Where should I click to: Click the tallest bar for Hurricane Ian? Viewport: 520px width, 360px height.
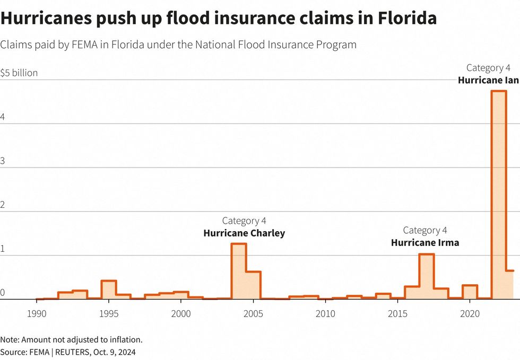(499, 196)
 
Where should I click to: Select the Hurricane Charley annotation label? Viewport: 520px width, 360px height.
(244, 233)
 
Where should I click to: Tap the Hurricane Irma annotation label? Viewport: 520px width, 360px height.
(425, 243)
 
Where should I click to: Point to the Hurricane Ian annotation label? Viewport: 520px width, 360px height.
(488, 81)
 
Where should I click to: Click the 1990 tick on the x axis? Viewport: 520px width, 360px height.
(36, 314)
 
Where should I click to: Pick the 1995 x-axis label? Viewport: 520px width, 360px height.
(109, 314)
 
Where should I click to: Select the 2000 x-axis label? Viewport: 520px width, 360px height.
(181, 314)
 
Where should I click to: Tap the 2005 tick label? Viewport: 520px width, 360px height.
(253, 314)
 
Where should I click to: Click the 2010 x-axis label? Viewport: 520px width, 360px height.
(325, 314)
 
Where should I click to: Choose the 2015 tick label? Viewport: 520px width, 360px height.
(398, 314)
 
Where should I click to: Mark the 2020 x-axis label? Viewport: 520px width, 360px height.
(470, 314)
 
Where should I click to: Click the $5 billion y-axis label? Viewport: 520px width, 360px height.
(19, 73)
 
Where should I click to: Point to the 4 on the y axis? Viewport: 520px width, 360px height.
(3, 118)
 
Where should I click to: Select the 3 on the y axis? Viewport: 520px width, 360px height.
(3, 162)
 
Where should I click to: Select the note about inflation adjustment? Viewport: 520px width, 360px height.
(71, 339)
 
